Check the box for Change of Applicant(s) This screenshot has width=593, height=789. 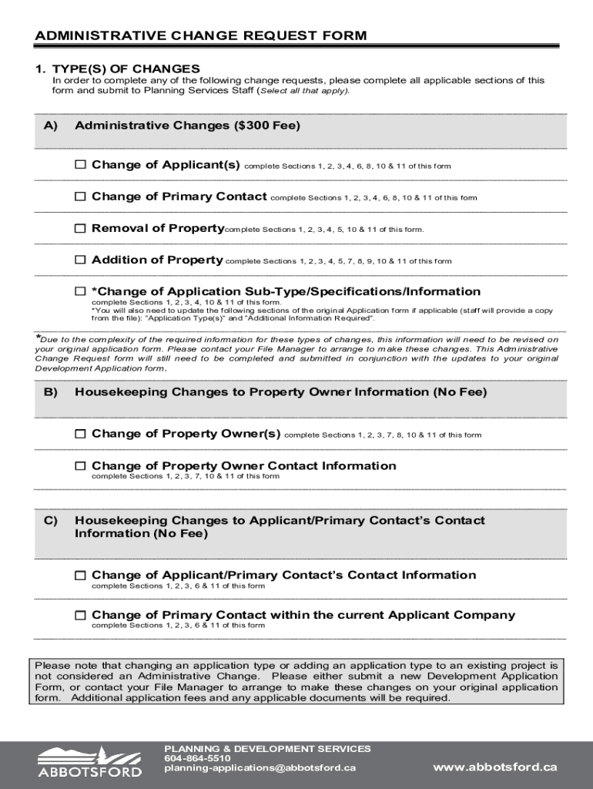pos(80,165)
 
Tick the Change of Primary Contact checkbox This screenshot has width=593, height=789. pos(80,196)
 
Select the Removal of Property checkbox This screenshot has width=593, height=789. pos(80,228)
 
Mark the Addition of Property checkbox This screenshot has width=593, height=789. pos(80,260)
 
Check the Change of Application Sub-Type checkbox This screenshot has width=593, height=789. pos(80,291)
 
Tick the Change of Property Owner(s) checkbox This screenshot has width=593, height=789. pos(80,434)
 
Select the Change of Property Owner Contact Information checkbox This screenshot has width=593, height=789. pos(80,465)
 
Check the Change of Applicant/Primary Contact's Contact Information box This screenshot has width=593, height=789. pos(80,575)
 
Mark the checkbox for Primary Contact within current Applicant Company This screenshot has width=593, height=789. pos(80,615)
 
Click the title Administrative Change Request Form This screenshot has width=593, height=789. pos(201,35)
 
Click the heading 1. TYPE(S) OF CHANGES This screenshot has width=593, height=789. pos(117,69)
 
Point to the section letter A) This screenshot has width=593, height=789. pos(50,126)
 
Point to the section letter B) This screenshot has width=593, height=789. pos(50,392)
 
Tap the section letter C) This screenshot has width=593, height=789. pos(50,521)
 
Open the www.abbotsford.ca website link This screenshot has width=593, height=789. pos(494,767)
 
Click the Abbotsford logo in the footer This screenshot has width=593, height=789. pos(90,762)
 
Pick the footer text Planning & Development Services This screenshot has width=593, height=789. pos(267,748)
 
